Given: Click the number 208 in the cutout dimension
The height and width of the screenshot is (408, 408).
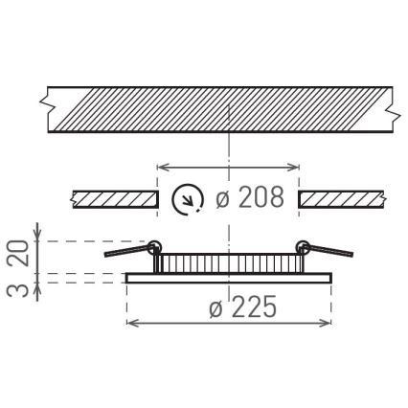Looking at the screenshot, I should click(x=261, y=198).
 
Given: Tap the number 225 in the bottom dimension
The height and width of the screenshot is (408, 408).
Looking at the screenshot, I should click(x=254, y=307).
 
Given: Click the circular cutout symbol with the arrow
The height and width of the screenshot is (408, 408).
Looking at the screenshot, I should click(x=187, y=199).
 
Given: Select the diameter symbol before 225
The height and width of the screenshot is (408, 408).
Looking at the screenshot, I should click(x=215, y=307).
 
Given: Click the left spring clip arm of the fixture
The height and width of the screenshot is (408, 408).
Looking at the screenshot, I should click(x=126, y=251).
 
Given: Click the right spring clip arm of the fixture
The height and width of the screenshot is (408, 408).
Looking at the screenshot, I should click(x=331, y=251).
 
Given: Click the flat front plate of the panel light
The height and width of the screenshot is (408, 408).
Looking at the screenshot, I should click(x=229, y=278).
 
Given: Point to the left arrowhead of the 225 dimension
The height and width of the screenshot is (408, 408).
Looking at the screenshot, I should click(x=132, y=323).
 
